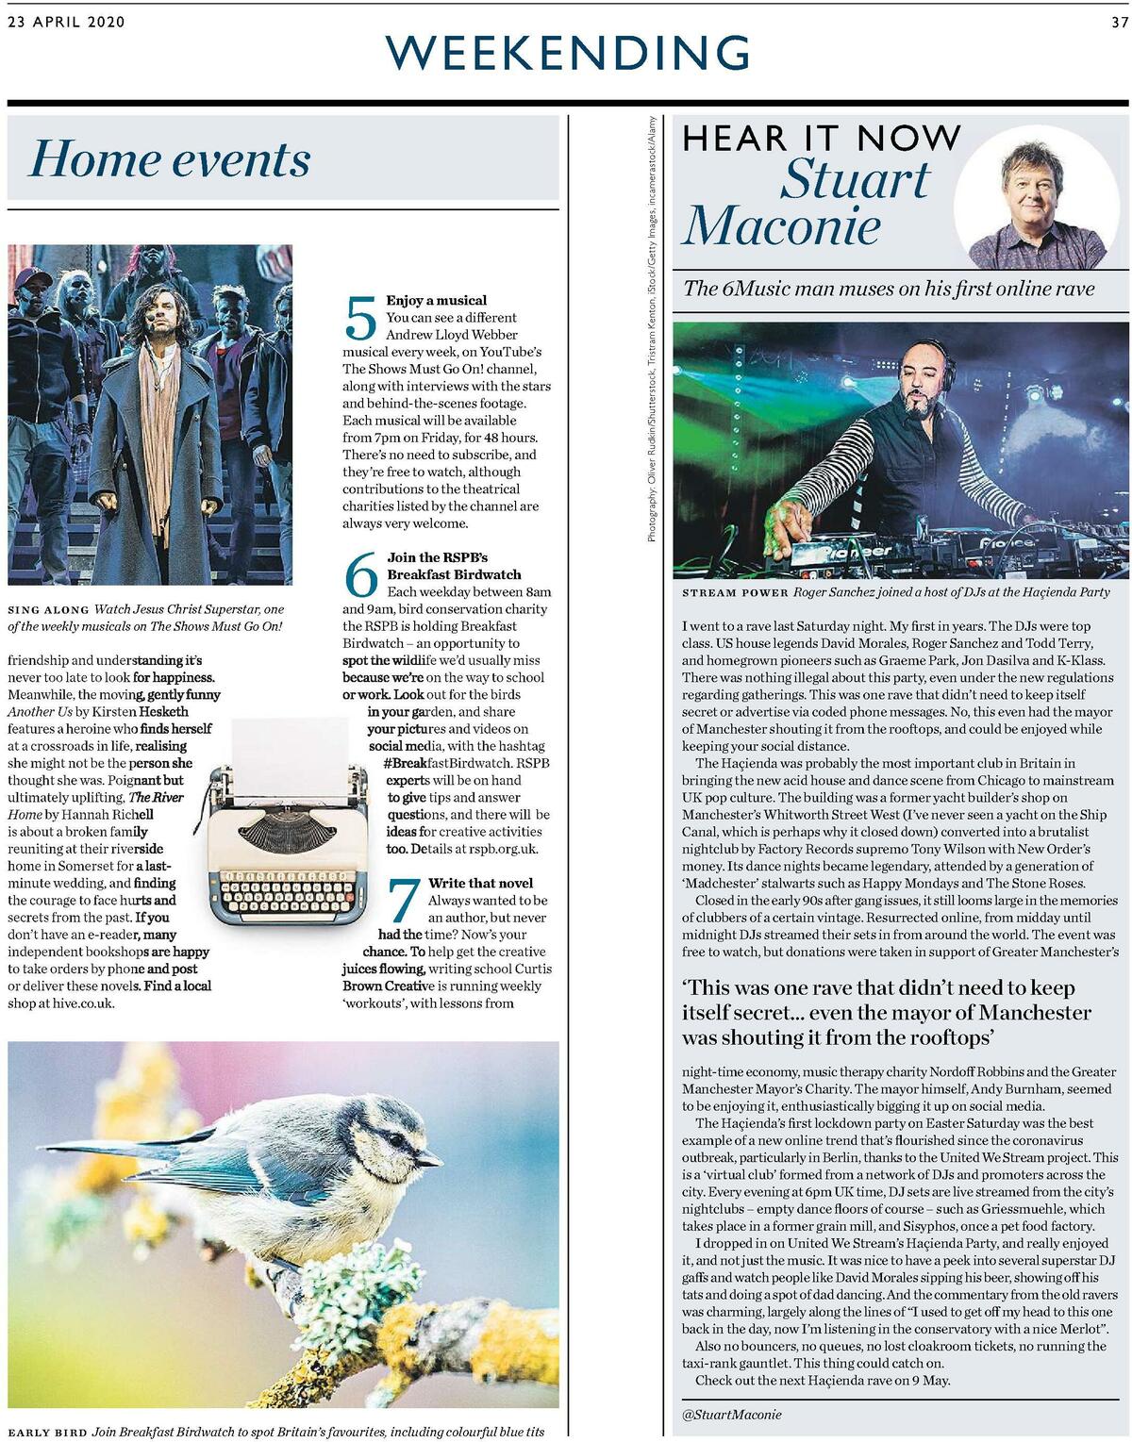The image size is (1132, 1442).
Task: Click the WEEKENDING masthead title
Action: pyautogui.click(x=567, y=53)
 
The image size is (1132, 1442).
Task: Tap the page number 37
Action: pyautogui.click(x=1119, y=23)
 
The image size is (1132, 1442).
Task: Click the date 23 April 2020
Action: pyautogui.click(x=66, y=23)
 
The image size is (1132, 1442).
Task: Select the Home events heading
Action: pyautogui.click(x=170, y=158)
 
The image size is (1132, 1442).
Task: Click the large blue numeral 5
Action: pyautogui.click(x=361, y=319)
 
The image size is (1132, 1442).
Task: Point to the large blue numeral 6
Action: pyautogui.click(x=362, y=574)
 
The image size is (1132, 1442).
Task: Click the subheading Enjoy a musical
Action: pyautogui.click(x=437, y=300)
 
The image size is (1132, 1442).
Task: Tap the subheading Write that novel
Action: pyautogui.click(x=480, y=883)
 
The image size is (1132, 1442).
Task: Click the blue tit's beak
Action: pyautogui.click(x=433, y=1157)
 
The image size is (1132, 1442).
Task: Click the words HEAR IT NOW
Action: pyautogui.click(x=821, y=139)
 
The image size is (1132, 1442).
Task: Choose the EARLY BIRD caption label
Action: pyautogui.click(x=46, y=1433)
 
